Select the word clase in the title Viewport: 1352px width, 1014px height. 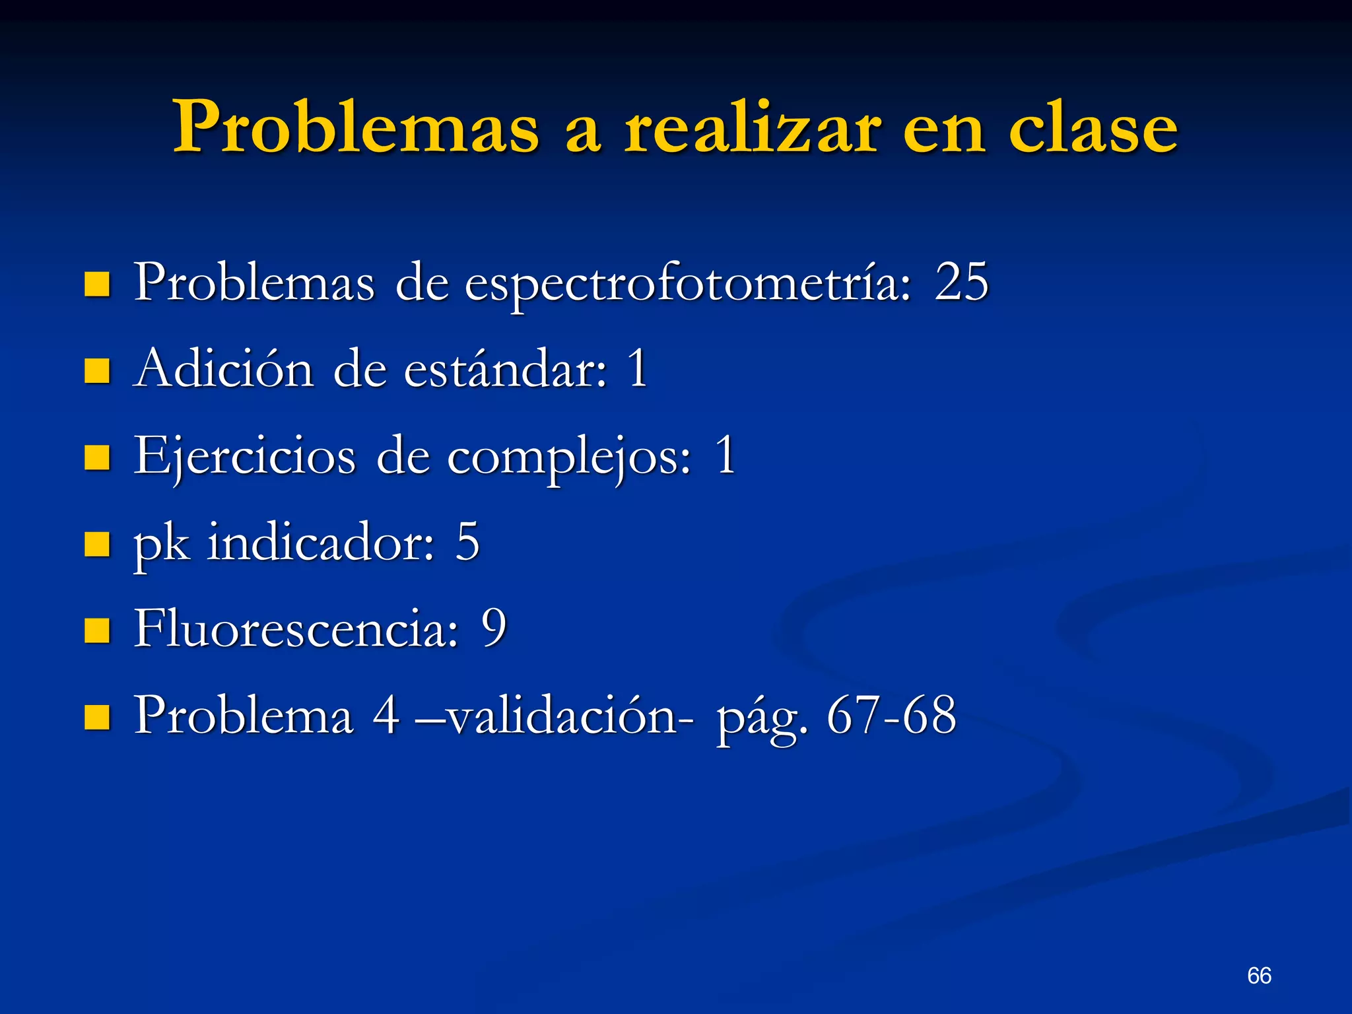(1093, 127)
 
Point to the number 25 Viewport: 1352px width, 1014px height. (961, 283)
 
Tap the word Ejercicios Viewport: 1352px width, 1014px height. (244, 457)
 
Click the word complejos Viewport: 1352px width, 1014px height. (569, 457)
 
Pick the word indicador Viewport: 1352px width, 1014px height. (321, 543)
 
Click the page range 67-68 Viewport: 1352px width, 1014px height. (891, 716)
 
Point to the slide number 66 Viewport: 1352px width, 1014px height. (1259, 975)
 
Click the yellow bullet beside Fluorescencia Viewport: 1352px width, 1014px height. (97, 630)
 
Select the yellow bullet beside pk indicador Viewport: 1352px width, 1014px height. (97, 544)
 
